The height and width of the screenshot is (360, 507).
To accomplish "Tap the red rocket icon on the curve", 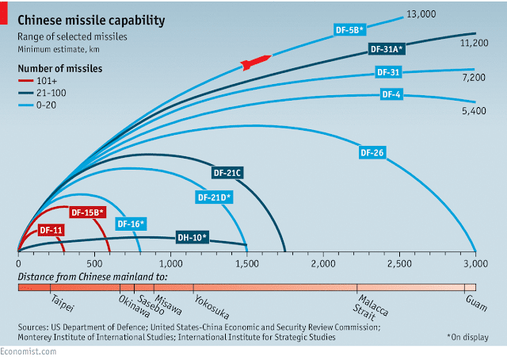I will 254,61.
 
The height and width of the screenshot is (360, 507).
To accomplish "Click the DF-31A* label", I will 387,49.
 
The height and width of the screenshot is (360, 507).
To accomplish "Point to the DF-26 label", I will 372,152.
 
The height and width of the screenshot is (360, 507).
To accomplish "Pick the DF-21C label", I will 229,172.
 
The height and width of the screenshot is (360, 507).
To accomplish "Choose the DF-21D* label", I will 214,197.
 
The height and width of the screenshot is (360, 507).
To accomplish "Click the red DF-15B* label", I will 88,213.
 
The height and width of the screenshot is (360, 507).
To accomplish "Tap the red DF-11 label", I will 51,231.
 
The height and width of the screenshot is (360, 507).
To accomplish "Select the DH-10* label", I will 192,236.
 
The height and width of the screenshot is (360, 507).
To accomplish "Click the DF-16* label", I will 131,224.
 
